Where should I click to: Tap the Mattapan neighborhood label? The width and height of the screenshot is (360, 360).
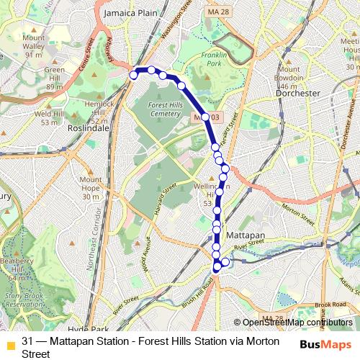tap(246, 235)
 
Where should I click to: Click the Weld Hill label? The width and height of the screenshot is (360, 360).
tap(49, 118)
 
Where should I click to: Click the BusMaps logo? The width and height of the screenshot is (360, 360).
tap(322, 344)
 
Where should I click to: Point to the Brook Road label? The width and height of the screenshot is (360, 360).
tap(330, 305)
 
